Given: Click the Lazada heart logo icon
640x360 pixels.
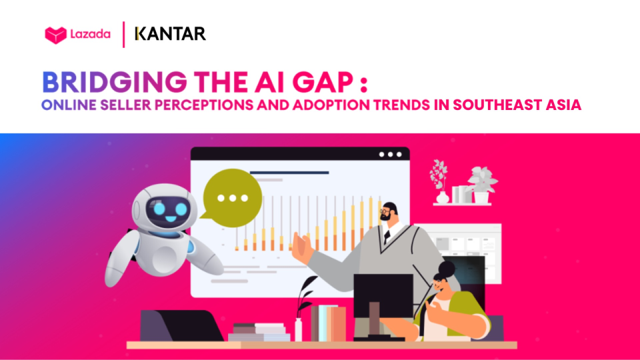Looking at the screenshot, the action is pyautogui.click(x=55, y=35).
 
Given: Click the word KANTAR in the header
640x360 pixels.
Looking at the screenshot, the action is pyautogui.click(x=170, y=34).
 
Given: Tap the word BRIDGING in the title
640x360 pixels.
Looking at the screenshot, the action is pyautogui.click(x=115, y=82).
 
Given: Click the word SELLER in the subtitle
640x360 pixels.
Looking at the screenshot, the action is pyautogui.click(x=126, y=105).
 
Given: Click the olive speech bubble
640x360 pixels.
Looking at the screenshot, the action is pyautogui.click(x=231, y=198).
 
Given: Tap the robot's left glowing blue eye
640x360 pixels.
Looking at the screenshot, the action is pyautogui.click(x=159, y=209).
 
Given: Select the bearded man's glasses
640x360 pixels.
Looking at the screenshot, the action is pyautogui.click(x=385, y=211).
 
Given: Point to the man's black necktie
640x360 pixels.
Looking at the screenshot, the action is pyautogui.click(x=387, y=236).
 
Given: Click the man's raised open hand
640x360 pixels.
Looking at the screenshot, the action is pyautogui.click(x=301, y=247).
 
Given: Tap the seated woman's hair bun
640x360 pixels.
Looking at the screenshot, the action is pyautogui.click(x=447, y=269).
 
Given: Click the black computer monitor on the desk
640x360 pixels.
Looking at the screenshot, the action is pyautogui.click(x=383, y=295).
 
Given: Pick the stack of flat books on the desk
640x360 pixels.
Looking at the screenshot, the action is pyautogui.click(x=259, y=332).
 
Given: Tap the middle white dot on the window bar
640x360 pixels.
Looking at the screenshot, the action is pyautogui.click(x=390, y=154).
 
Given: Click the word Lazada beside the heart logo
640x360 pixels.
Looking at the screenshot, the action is pyautogui.click(x=90, y=34).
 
